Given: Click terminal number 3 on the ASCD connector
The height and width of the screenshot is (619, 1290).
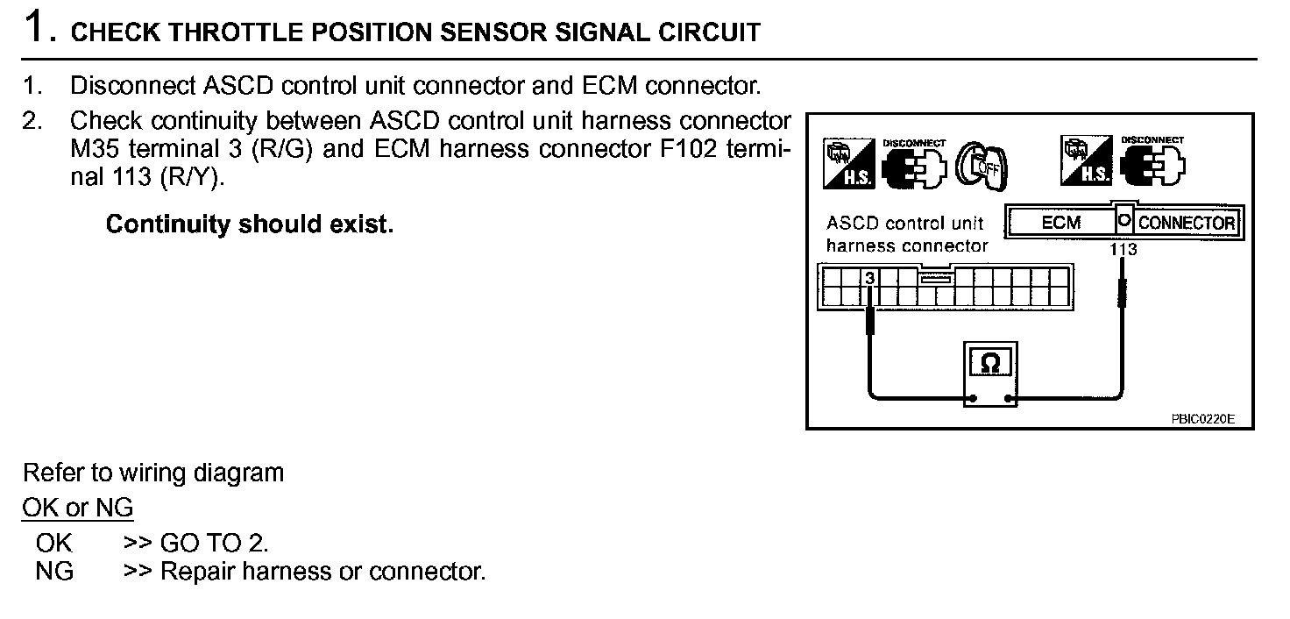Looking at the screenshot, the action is [x=870, y=278].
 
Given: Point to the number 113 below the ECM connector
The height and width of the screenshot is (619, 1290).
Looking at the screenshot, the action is [x=1123, y=250].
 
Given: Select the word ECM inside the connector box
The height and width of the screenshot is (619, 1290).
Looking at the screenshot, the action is [x=1060, y=223].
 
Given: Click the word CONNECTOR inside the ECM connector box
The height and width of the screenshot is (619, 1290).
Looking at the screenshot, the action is [x=1187, y=223].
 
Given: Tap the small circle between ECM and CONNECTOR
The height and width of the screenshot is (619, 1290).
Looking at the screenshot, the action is [x=1124, y=221].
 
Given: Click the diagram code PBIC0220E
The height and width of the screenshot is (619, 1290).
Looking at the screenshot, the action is [x=1201, y=419].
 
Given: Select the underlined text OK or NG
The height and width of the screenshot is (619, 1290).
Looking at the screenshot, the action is [x=77, y=508].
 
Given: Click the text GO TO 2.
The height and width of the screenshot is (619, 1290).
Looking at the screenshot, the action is [x=214, y=543].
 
